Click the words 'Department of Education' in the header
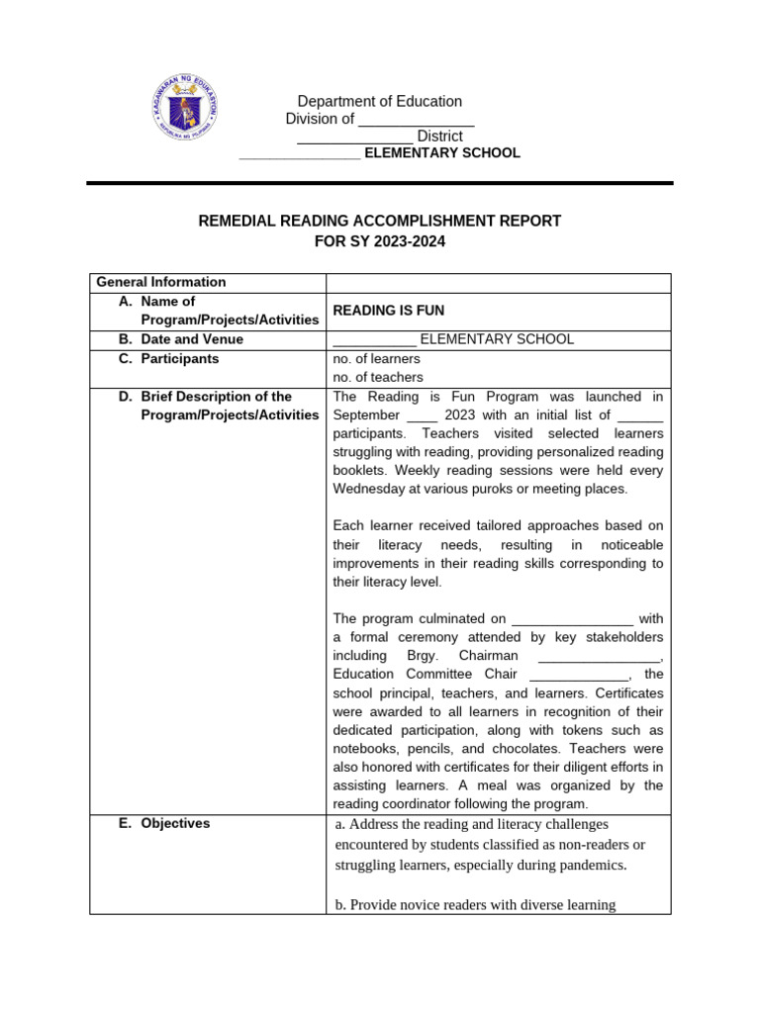pyautogui.click(x=380, y=101)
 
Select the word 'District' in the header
pyautogui.click(x=439, y=137)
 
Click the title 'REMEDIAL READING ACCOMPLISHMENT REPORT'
pyautogui.click(x=380, y=221)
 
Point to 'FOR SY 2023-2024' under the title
pyautogui.click(x=380, y=240)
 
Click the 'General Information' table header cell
pyautogui.click(x=160, y=282)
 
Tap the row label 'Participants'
pyautogui.click(x=180, y=359)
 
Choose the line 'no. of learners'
pyautogui.click(x=377, y=358)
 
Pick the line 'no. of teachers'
pyautogui.click(x=378, y=377)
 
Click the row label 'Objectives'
pyautogui.click(x=175, y=823)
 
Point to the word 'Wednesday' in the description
pyautogui.click(x=369, y=489)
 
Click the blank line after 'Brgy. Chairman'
pyautogui.click(x=599, y=656)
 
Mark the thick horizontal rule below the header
pyautogui.click(x=380, y=183)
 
